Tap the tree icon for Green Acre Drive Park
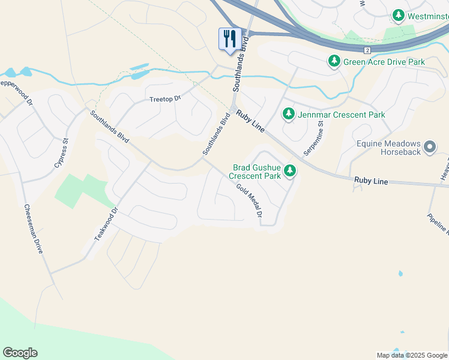coord(334,61)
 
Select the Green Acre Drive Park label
coord(384,62)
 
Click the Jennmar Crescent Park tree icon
coord(289,114)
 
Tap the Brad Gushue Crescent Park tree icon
coord(291,172)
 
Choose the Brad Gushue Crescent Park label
coord(256,172)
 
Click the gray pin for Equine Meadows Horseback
coord(429,147)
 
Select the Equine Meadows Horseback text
coord(390,148)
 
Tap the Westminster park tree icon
coord(397,16)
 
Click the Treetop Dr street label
coord(165,98)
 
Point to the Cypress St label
coord(62,153)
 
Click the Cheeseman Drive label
coord(34,229)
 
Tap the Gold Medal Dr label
coord(250,201)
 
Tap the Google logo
coord(20,353)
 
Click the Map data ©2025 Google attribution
coord(412,355)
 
